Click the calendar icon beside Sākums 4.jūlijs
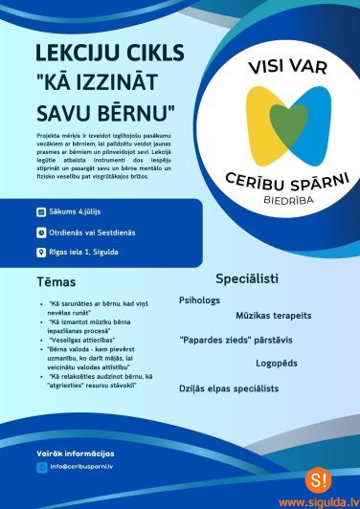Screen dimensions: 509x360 [x=39, y=210]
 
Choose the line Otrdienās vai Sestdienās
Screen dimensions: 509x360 [x=91, y=232]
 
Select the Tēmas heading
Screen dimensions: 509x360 [x=56, y=282]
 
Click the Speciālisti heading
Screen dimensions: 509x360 [x=247, y=279]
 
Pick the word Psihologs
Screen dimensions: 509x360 [x=199, y=300]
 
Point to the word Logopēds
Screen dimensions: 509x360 [x=277, y=364]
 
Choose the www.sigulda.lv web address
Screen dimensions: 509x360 [x=319, y=500]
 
